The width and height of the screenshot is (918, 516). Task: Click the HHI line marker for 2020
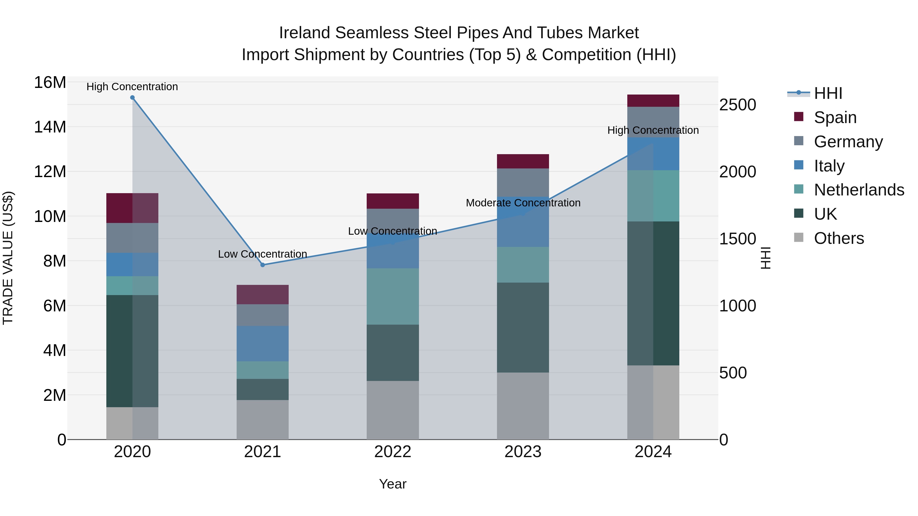point(132,98)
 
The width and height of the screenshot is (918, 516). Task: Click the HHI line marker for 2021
point(263,265)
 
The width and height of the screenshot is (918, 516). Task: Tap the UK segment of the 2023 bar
point(523,328)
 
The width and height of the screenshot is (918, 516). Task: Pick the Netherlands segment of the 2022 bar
point(393,296)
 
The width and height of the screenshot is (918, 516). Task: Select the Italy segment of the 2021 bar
point(263,344)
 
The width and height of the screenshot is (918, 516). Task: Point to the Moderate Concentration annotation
point(523,203)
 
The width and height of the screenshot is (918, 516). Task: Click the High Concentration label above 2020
point(132,87)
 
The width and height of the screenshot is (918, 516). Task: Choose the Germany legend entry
point(848,142)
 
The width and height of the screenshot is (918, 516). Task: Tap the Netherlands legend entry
point(859,190)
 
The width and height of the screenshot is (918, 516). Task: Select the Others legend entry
point(838,238)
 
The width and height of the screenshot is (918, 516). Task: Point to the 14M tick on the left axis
point(50,127)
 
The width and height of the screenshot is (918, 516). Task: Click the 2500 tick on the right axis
point(737,105)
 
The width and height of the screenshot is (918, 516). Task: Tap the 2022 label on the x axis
point(393,452)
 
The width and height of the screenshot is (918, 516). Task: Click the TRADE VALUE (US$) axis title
point(8,258)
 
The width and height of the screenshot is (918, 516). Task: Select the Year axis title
point(393,484)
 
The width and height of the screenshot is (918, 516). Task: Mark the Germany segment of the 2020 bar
point(132,238)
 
